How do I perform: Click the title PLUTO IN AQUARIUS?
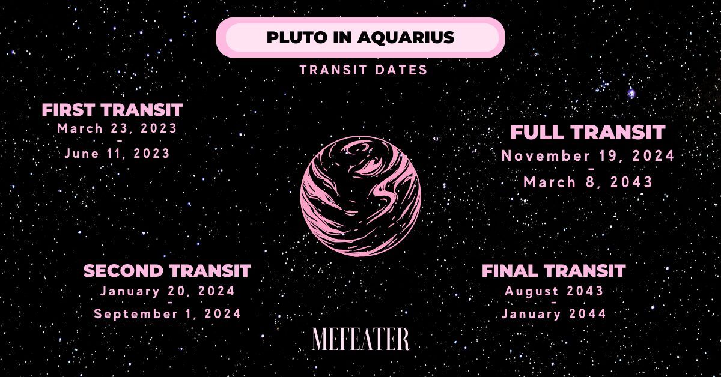tap(360, 37)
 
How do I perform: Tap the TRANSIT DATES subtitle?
tap(364, 70)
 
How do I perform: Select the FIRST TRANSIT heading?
tap(112, 110)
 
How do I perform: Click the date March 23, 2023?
tap(117, 128)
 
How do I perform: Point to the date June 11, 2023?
tap(117, 153)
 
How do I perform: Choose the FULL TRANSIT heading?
tap(588, 132)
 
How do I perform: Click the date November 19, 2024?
tap(588, 156)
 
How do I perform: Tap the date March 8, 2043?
tap(588, 182)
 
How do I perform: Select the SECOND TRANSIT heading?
tap(167, 271)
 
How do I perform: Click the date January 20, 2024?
tap(168, 291)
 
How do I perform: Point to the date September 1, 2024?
tap(168, 313)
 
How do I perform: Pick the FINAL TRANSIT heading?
tap(553, 271)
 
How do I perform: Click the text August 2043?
tap(554, 291)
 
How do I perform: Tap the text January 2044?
tap(554, 313)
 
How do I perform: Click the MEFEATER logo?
tap(360, 339)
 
